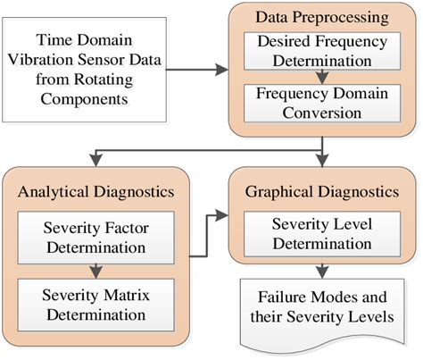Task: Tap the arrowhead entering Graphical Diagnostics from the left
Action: [223, 214]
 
